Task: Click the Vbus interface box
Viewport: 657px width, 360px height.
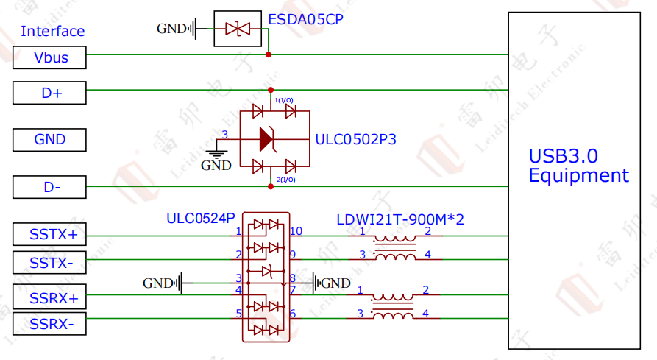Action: point(49,57)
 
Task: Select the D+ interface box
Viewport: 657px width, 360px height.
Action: point(49,93)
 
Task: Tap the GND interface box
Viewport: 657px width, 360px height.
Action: point(49,139)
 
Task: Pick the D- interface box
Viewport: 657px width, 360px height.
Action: point(49,187)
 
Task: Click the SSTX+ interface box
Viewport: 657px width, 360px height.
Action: point(49,235)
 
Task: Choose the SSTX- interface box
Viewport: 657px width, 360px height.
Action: point(49,261)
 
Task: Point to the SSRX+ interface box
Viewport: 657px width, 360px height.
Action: point(49,297)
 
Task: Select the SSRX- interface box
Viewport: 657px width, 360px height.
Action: point(49,323)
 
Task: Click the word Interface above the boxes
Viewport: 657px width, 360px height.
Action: point(52,31)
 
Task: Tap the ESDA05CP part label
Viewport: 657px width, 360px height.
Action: point(305,19)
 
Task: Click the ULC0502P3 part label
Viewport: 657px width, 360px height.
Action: point(355,138)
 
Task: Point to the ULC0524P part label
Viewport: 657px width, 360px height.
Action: point(200,218)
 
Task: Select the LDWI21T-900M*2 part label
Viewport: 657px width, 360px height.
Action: point(400,219)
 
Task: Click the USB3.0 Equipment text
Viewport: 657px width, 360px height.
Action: point(578,166)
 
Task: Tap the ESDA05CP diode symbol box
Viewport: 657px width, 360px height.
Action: point(238,29)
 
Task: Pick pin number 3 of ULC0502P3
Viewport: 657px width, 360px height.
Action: point(225,134)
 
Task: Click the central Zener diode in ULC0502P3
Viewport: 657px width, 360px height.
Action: point(266,138)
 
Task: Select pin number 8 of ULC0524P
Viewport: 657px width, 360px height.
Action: point(292,278)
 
